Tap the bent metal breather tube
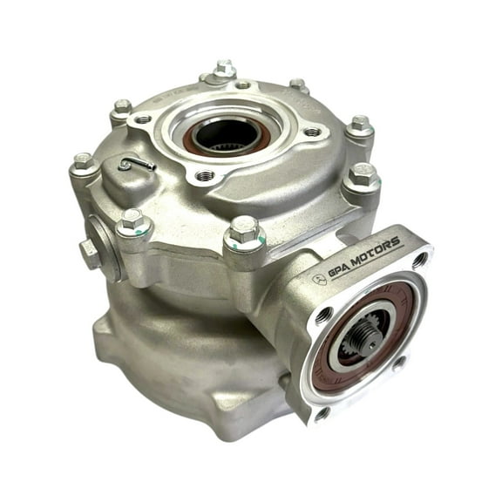[x=138, y=164]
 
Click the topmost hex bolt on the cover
[x=225, y=69]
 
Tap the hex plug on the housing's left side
[x=89, y=253]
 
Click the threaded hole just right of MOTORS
[x=420, y=259]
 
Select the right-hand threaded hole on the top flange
[x=310, y=132]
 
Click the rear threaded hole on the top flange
[x=243, y=85]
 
